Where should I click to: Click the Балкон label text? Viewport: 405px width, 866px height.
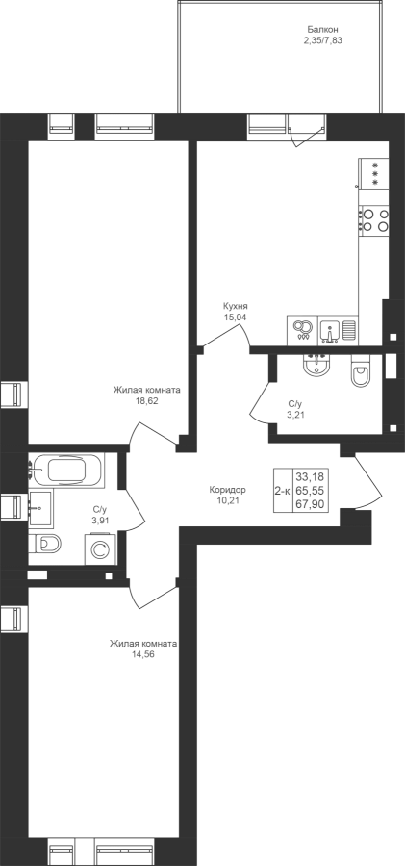(322, 29)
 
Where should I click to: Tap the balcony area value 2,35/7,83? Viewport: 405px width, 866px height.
(322, 39)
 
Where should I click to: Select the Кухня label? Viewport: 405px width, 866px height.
(236, 306)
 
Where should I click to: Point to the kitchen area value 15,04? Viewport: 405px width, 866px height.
(235, 317)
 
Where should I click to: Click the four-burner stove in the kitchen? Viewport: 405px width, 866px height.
(373, 219)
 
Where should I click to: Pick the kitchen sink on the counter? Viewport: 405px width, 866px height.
(330, 330)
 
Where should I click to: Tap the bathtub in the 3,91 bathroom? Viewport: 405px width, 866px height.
(66, 471)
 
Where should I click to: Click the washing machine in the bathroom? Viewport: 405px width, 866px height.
(100, 549)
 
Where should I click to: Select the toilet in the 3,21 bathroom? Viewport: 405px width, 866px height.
(362, 371)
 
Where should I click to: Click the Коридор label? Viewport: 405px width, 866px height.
(228, 490)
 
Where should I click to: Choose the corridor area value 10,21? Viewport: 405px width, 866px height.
(228, 500)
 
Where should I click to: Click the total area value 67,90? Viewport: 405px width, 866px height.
(311, 503)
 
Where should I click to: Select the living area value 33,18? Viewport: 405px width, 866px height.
(311, 476)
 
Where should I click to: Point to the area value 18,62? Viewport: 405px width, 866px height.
(146, 401)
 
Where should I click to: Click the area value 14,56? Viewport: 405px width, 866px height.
(143, 654)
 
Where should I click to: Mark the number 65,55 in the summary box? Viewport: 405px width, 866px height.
(311, 490)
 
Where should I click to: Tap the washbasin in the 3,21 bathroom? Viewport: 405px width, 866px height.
(316, 365)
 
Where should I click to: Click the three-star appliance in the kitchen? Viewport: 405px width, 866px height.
(373, 173)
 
